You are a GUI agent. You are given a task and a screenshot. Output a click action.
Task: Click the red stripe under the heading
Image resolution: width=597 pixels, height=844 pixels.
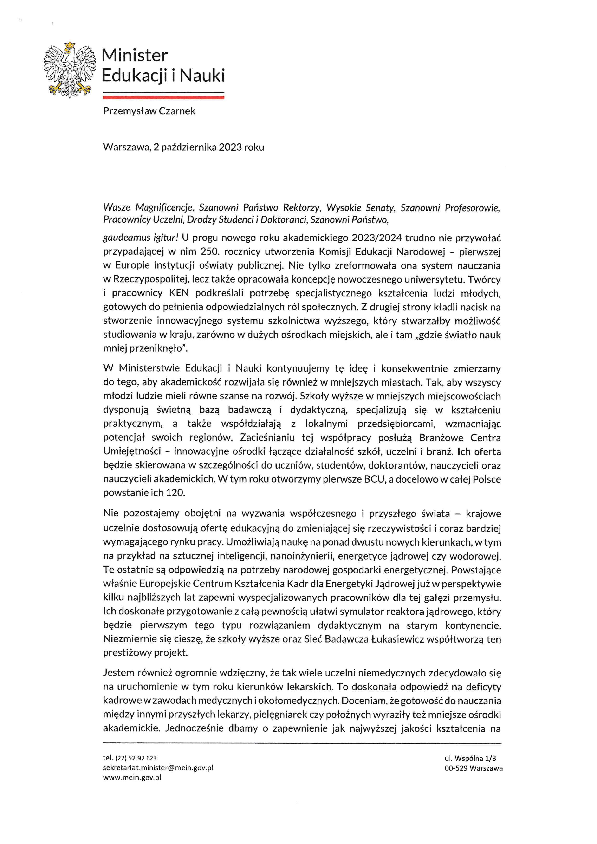164,97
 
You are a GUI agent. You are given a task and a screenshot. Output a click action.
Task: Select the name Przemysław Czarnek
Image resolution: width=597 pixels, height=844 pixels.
149,111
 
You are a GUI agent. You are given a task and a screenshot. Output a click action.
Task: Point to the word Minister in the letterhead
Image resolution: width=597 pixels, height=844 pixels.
135,56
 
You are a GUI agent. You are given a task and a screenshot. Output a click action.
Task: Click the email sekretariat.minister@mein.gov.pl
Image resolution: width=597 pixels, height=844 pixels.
158,767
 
